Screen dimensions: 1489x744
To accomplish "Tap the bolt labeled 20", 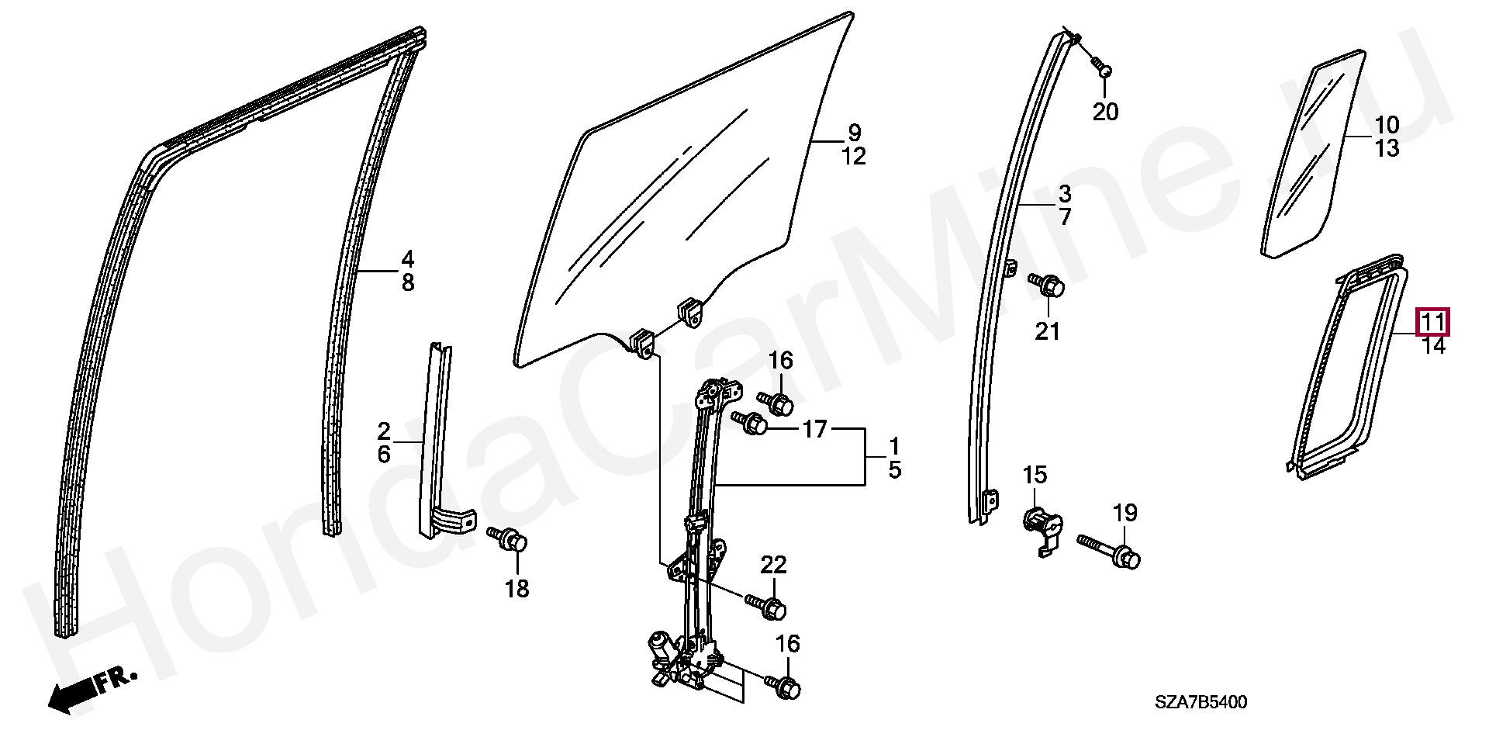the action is click(1105, 71).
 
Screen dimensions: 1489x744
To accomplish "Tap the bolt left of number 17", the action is click(751, 424).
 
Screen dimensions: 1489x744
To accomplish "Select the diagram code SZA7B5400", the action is click(1201, 703).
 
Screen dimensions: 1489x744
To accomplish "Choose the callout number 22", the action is click(773, 566).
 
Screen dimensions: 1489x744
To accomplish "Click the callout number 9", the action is click(854, 132).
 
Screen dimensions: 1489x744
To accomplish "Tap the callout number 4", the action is click(407, 258).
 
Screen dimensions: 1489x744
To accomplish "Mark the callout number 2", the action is click(384, 431).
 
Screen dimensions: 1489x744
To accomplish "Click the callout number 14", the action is click(1434, 346).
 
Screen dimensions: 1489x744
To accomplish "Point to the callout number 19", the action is click(1125, 513).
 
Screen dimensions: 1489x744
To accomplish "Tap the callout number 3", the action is click(1065, 192).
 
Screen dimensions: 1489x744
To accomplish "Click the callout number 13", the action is click(1387, 147).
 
